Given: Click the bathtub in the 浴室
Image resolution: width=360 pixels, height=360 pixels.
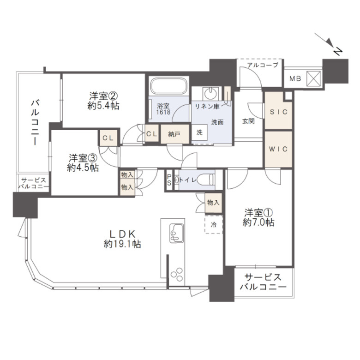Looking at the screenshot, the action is pos(169,86).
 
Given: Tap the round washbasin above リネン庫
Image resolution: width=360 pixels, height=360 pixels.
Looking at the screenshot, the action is pos(210,93).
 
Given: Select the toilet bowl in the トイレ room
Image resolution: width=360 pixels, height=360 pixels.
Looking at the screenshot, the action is pos(206,180).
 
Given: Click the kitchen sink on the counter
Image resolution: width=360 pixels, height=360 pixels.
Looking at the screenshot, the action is pos(176,233).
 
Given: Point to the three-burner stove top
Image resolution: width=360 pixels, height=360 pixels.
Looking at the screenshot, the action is pos(177,274).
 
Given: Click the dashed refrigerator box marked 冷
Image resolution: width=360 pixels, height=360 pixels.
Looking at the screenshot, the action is pos(214,224).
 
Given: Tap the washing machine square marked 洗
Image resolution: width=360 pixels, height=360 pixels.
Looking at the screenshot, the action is pos(199,132).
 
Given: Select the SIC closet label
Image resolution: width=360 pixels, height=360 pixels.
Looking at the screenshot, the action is pos(278,112).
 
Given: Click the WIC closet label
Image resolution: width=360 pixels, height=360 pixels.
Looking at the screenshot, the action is pos(278,149).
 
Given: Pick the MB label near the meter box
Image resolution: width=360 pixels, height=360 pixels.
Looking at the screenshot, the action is pos(295,78).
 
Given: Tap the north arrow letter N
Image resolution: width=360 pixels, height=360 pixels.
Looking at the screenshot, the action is pos(337,51).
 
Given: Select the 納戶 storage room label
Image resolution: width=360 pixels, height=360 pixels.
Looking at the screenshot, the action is pos(174,134).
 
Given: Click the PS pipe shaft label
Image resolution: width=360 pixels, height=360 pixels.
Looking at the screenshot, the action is pos(169,180).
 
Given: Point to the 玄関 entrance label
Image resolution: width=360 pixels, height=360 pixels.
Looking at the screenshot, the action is pos(248,121).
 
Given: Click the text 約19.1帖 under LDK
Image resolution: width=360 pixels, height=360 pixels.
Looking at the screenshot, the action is pos(122,244).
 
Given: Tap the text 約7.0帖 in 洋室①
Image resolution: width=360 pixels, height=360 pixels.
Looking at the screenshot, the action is pos(258,222).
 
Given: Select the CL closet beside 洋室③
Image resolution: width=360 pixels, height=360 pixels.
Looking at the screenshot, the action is pos(108,138).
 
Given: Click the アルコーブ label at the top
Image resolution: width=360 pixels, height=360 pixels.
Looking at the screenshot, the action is pos(263,65).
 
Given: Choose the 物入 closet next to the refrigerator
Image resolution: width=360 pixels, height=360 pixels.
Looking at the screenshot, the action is pos(214,203).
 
